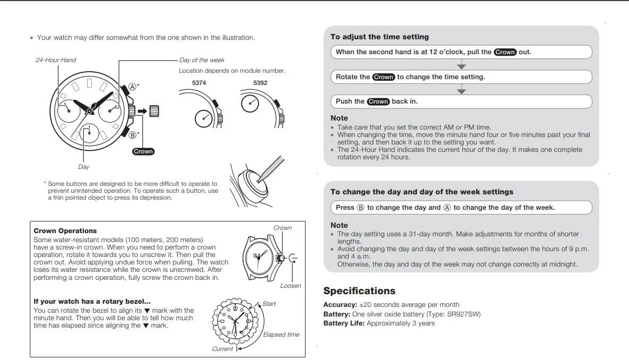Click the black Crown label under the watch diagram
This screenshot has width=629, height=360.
(x=143, y=151)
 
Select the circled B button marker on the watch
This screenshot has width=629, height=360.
(x=133, y=134)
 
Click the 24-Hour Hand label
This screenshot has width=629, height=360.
(x=56, y=60)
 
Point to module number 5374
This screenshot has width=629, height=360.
(x=199, y=83)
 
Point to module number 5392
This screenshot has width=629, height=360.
(x=260, y=83)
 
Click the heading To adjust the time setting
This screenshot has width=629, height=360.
(x=380, y=37)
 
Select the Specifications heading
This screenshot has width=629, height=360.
(x=359, y=291)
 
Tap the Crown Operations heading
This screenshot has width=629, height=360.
(x=65, y=231)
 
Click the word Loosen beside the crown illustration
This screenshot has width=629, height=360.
(x=290, y=286)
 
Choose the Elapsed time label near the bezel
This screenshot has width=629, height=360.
(x=281, y=335)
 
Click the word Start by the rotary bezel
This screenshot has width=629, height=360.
(x=269, y=304)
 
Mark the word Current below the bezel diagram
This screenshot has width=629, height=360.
(x=222, y=349)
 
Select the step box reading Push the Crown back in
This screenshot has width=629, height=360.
(x=461, y=101)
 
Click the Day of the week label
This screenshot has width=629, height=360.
(x=202, y=60)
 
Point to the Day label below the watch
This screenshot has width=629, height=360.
(x=83, y=167)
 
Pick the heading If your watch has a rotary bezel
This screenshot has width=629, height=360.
(x=92, y=302)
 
